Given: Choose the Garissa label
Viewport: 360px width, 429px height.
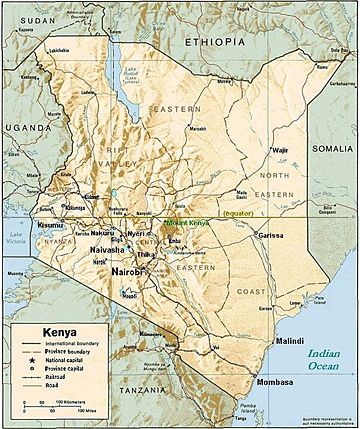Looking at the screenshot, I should click(257, 235).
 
